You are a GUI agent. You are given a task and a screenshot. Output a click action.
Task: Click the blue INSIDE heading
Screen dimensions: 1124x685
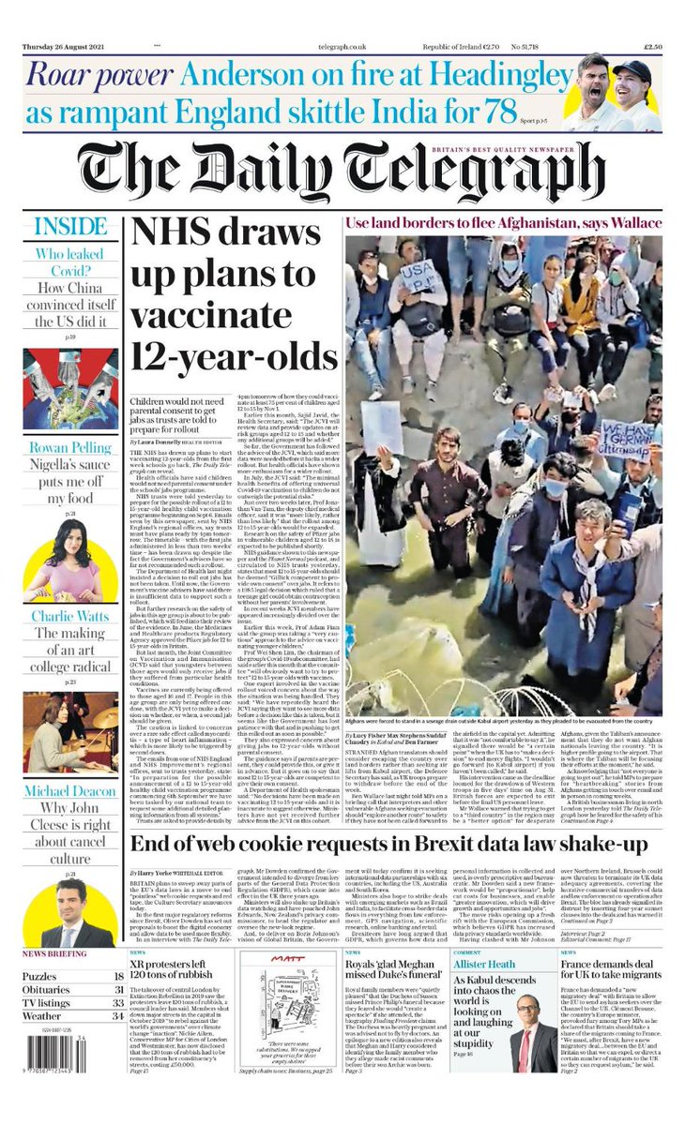click(x=70, y=228)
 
